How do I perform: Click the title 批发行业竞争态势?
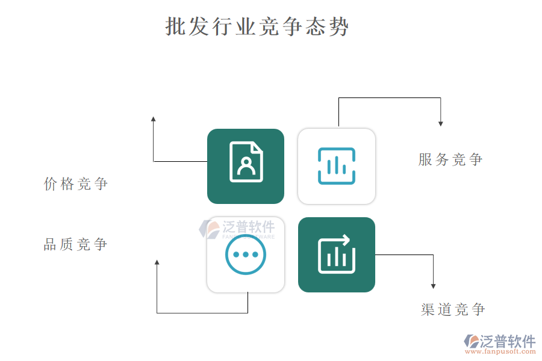257,27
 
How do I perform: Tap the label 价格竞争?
76,184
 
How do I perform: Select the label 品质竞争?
76,245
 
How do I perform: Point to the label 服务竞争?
450,159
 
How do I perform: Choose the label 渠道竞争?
453,310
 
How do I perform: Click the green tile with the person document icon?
246,166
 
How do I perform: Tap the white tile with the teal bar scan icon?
337,166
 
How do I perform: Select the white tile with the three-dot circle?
246,255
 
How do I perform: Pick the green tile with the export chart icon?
337,255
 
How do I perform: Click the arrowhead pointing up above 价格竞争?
154,119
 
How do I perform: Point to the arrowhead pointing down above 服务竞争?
441,123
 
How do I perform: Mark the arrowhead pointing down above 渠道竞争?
433,286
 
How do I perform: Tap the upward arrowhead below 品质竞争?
157,263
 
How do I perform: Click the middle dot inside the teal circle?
246,255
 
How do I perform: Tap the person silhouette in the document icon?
246,165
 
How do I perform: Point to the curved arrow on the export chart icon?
342,240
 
